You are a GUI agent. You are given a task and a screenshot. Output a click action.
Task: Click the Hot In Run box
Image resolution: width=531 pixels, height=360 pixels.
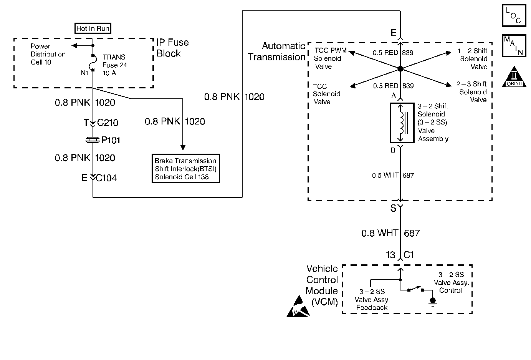click(x=93, y=28)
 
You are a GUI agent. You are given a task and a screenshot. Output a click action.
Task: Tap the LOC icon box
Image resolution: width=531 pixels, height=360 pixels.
click(x=514, y=16)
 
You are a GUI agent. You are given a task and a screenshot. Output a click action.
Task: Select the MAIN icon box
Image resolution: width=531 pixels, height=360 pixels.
click(x=514, y=46)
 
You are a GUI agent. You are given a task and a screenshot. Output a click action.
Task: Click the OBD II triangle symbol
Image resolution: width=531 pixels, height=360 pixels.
click(x=514, y=77)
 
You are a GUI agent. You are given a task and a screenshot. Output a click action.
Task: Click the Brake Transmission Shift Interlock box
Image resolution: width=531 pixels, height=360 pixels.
click(x=185, y=169)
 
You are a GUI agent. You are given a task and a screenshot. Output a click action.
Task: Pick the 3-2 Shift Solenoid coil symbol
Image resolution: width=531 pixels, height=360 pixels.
click(x=401, y=123)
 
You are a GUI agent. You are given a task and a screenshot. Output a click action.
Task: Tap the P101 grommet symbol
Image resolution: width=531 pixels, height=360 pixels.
click(x=93, y=140)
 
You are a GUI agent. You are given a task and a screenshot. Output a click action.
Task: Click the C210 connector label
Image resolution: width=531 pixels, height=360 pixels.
click(x=108, y=123)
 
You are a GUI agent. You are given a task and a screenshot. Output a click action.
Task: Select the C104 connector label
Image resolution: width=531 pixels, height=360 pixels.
click(x=106, y=178)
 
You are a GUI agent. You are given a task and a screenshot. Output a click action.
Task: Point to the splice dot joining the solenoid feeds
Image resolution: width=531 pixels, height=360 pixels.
click(x=400, y=69)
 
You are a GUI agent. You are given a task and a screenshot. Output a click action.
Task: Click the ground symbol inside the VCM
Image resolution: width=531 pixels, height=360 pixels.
click(x=432, y=301)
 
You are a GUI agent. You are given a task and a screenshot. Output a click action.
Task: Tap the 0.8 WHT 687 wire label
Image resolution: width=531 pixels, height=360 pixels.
click(x=390, y=233)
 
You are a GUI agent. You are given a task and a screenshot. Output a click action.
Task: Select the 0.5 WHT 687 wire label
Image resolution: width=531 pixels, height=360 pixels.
click(x=393, y=176)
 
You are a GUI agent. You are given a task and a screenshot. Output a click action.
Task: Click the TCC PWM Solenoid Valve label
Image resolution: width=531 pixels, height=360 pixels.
click(x=330, y=58)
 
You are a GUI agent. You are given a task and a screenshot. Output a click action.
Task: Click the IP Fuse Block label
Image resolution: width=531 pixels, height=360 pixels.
click(x=172, y=48)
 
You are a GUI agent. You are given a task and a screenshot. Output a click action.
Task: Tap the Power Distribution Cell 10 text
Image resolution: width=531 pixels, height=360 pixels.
click(x=48, y=54)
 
